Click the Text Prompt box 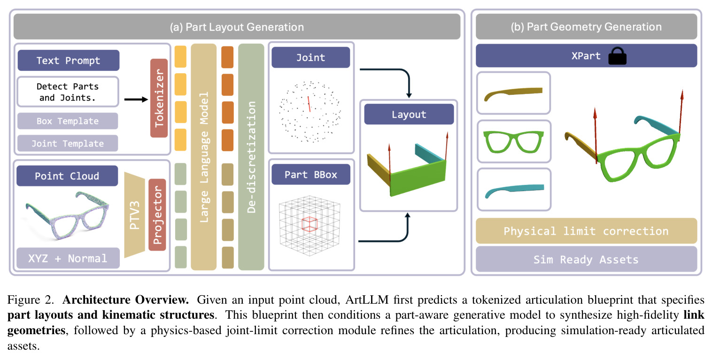(69, 61)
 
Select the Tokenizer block (159, 98)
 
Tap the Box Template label (68, 121)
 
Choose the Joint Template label (68, 143)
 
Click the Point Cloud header (67, 176)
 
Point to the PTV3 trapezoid (135, 215)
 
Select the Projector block (157, 215)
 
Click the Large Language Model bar (204, 157)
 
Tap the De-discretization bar (251, 157)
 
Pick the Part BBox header (311, 175)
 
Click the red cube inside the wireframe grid (310, 224)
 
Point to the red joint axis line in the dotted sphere (309, 104)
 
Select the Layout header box (409, 114)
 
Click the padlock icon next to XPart (617, 56)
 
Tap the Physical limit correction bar (587, 231)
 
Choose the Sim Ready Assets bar (587, 259)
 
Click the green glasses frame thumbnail (514, 142)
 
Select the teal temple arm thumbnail (514, 190)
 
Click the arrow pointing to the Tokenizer (136, 100)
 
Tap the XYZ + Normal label (68, 258)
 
